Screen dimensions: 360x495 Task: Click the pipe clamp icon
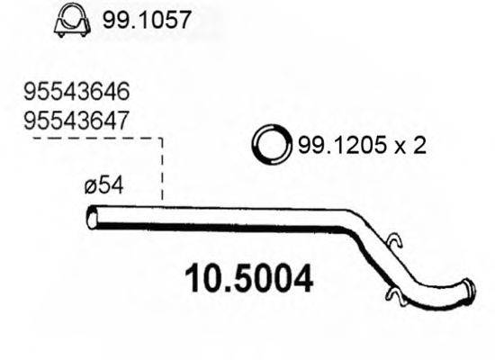(71, 22)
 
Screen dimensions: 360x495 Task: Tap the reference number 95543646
(78, 92)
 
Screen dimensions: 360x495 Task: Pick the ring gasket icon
(269, 144)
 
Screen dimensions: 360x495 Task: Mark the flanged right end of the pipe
(469, 292)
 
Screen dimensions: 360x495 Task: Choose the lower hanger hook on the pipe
(393, 293)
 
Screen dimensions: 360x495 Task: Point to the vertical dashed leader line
(162, 171)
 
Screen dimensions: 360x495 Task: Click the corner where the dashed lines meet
(162, 139)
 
